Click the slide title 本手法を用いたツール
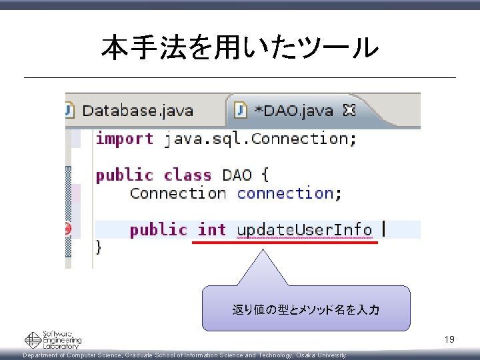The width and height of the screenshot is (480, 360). (240, 47)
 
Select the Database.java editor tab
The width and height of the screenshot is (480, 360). (137, 111)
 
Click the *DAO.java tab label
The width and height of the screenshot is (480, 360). (293, 111)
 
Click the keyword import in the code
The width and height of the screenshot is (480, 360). (125, 139)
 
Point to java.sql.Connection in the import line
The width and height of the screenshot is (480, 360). (260, 139)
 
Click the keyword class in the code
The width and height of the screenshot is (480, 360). (187, 175)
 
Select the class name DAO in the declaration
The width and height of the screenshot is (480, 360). (237, 175)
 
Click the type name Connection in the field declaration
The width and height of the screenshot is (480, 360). (178, 193)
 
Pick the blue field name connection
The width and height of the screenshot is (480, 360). (285, 193)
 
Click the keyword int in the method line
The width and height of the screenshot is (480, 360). (212, 230)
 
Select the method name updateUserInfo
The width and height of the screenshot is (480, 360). (305, 230)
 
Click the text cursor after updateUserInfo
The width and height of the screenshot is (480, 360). (383, 229)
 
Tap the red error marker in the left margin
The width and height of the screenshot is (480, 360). (68, 230)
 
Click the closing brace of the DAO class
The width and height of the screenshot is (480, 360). (99, 247)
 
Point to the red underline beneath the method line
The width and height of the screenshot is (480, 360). (285, 243)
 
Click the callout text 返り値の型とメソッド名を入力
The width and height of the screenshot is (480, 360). (306, 309)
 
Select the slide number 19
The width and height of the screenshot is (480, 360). (450, 340)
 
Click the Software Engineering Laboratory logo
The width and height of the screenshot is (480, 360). (53, 340)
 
